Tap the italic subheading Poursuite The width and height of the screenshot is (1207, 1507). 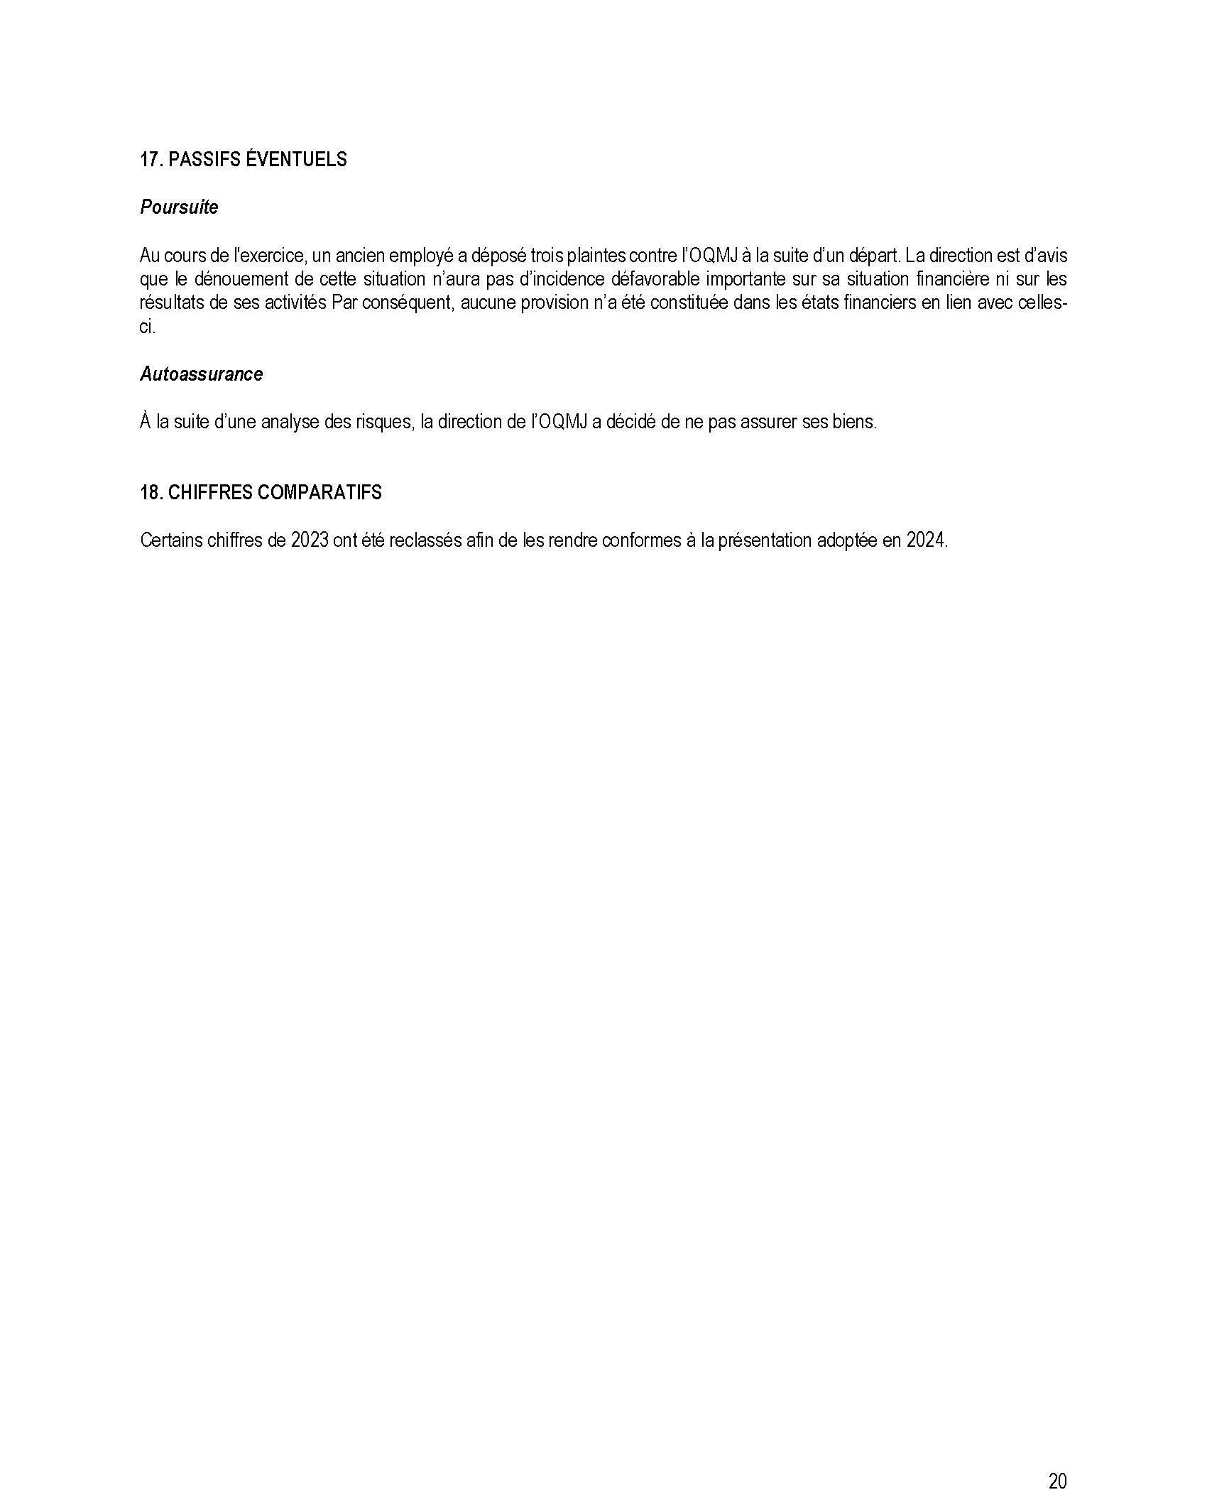tap(179, 207)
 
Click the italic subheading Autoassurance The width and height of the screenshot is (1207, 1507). tap(201, 374)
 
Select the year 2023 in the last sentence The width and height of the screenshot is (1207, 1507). tap(310, 540)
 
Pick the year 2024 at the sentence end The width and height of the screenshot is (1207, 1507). tap(926, 540)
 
